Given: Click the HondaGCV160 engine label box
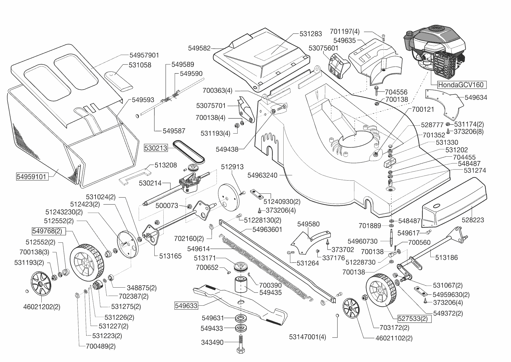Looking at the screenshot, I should [x=462, y=85].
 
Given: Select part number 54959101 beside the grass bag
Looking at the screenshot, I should [x=31, y=177].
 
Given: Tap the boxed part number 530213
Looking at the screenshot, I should [x=156, y=148].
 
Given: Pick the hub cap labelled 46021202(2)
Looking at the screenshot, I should [x=41, y=283].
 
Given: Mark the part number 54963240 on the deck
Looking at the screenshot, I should [x=262, y=175].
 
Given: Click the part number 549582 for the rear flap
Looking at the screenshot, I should [x=199, y=48].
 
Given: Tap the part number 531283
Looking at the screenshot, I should [x=311, y=34].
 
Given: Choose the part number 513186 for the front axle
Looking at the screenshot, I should [x=446, y=257].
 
